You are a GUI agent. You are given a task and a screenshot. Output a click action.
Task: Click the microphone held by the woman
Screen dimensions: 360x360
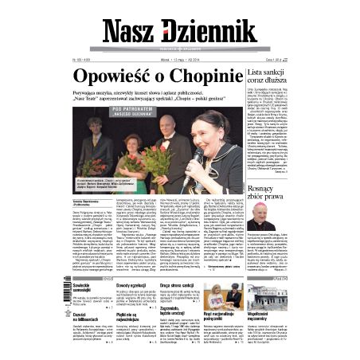click(196, 156)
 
